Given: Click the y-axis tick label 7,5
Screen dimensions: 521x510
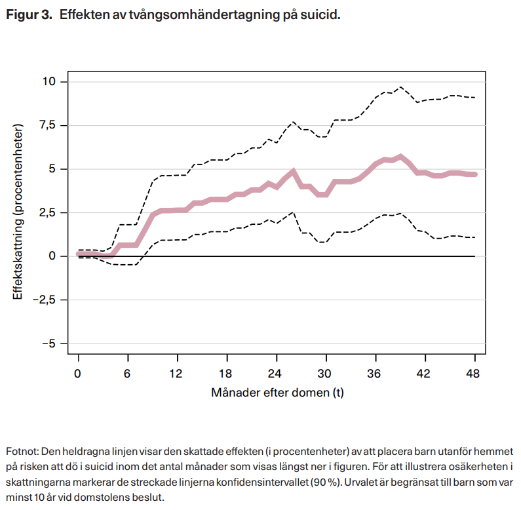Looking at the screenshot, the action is (48, 125).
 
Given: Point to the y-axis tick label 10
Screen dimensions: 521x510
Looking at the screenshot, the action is (48, 81).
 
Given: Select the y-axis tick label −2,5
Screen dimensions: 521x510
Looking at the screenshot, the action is (44, 300).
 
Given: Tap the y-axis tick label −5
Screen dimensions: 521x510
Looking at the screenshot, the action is (48, 343).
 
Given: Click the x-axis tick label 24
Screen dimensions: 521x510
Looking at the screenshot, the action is (275, 374).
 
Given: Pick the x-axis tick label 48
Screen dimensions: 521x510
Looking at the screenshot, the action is (473, 374).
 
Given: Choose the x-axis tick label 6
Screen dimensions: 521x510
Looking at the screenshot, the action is (127, 374).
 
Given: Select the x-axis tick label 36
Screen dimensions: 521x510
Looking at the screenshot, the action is (374, 374).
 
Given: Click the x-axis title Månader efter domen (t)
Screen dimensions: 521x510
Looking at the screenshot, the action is (277, 393).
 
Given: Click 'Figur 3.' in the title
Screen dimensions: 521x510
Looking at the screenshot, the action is (29, 15).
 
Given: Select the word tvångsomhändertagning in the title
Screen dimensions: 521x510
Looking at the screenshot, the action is (204, 15).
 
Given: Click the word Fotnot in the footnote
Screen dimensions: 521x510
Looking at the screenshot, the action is (22, 452).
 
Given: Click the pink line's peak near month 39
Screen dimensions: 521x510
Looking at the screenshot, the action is (400, 157).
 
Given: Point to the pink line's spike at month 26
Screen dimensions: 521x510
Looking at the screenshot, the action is (293, 171).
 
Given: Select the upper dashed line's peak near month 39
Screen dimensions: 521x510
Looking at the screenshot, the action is (400, 87).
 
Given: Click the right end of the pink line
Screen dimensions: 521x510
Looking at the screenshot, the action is (475, 174).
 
